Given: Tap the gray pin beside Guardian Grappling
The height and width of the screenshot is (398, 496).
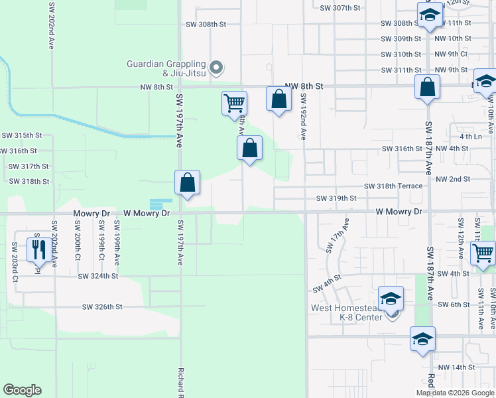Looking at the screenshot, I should click(x=216, y=68).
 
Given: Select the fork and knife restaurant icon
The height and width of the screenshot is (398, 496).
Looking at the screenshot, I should click(x=38, y=250).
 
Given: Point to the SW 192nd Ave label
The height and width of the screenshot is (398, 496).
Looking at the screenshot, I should click(x=302, y=115).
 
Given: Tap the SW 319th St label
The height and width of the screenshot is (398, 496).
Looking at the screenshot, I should click(x=336, y=198).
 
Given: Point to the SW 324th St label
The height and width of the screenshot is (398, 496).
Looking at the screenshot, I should click(x=97, y=275).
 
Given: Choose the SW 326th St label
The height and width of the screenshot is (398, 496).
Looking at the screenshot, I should click(x=102, y=307).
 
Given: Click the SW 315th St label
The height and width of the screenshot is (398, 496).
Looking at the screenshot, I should click(x=21, y=135).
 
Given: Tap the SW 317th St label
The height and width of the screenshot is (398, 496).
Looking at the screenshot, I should click(x=29, y=166).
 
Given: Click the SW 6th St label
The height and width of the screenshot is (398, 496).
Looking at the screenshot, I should click(x=454, y=304).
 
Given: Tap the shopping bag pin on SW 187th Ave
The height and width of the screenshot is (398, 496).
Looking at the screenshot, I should click(x=428, y=86).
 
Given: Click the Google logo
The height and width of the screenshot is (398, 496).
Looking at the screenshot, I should click(x=22, y=390).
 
